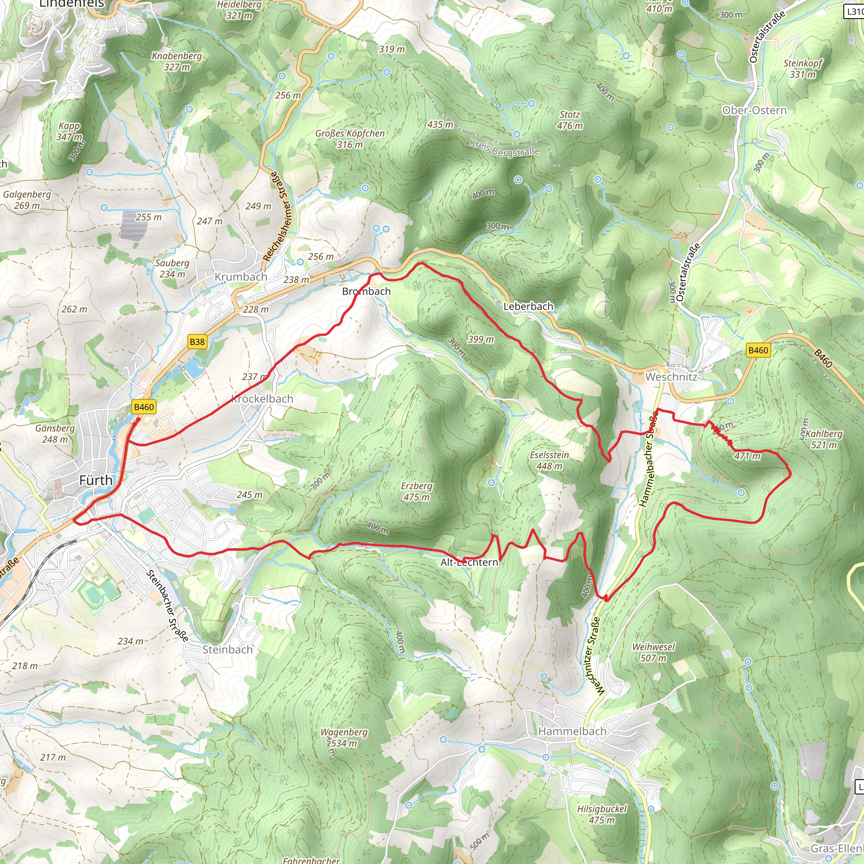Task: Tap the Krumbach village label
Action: pos(240,277)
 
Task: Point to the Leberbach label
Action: pos(528,306)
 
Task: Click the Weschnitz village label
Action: pos(671,377)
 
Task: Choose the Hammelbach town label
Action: pos(572,731)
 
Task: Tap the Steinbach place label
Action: pos(228,649)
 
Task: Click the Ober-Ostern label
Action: pos(754,111)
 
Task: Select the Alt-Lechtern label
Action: pos(469,562)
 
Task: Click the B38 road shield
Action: pos(197,342)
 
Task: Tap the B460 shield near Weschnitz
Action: pos(758,350)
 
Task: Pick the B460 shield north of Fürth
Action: pos(143,407)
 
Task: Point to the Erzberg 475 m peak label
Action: pos(416,491)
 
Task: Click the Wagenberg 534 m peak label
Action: pos(344,737)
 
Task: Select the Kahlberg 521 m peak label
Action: pos(824,439)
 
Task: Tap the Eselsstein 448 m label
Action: pos(549,460)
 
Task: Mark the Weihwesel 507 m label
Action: pos(653,653)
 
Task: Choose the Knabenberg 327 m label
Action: pos(177,61)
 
